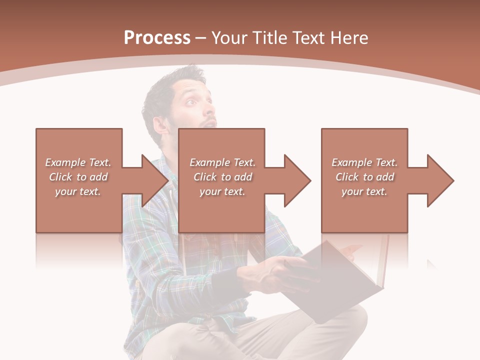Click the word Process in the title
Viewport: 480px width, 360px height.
coord(157,38)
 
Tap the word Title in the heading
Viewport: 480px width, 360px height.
coord(271,38)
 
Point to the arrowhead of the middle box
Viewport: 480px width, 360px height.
coord(297,180)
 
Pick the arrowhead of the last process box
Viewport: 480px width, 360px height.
coord(440,180)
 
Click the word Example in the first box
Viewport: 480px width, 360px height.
coord(65,162)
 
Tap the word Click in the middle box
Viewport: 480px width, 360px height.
coord(205,177)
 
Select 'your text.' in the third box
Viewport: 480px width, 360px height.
coord(364,191)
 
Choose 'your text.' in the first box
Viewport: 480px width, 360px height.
coord(78,191)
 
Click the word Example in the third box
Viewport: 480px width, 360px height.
coord(352,162)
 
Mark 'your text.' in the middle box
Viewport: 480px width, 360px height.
coord(222,191)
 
